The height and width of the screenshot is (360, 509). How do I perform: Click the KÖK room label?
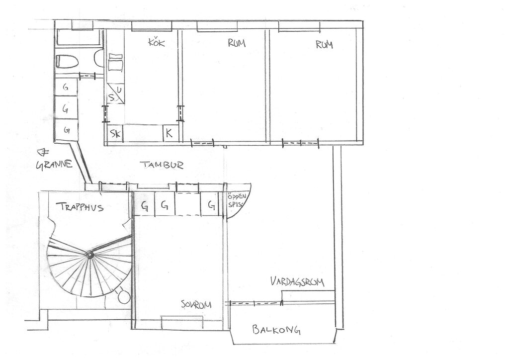tap(157, 42)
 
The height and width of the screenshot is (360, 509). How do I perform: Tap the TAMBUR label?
tap(162, 165)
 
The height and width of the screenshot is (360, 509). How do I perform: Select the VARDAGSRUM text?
tap(297, 281)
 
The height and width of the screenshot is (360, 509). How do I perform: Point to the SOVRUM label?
tap(196, 304)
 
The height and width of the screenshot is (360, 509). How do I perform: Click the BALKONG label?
tap(276, 330)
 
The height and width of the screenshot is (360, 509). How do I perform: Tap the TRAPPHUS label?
tap(80, 206)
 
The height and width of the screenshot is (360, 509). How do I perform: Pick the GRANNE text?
tap(54, 164)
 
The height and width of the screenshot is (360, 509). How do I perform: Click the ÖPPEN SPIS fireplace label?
tap(237, 200)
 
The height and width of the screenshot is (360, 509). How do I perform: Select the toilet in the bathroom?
tap(67, 61)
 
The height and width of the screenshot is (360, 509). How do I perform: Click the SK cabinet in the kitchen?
tap(115, 133)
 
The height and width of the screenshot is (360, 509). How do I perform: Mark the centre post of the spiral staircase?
tap(89, 255)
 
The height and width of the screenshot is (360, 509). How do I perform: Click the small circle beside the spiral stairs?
tap(123, 297)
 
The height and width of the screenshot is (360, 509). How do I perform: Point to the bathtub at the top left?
tap(79, 38)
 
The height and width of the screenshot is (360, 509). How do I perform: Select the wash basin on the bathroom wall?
tap(99, 59)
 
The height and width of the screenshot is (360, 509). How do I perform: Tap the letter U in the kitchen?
tap(119, 90)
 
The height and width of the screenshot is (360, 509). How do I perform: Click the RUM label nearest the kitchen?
tap(236, 43)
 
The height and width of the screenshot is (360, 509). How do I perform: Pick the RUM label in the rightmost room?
tap(324, 44)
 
